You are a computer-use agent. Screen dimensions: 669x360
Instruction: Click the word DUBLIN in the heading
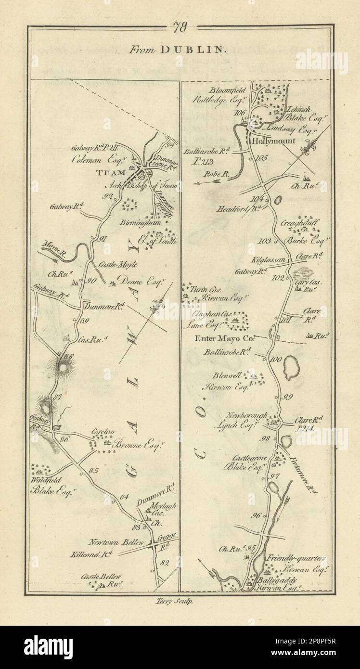pyautogui.click(x=194, y=49)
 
